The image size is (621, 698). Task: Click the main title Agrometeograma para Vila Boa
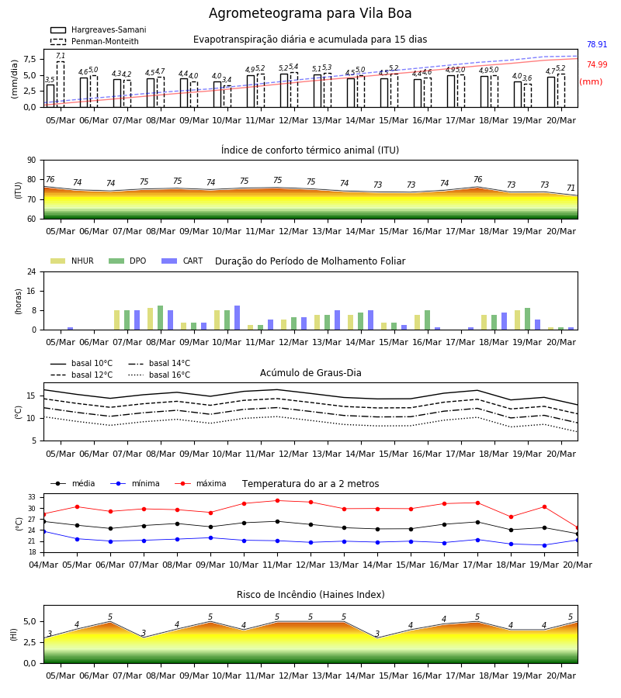click(x=310, y=13)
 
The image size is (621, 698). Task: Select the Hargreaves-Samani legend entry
click(x=99, y=29)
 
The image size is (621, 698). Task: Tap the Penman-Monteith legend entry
click(x=95, y=41)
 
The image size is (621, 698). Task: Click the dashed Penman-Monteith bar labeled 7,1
click(x=61, y=84)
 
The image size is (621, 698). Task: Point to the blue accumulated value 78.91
click(x=597, y=44)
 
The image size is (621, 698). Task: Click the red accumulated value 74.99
click(x=597, y=64)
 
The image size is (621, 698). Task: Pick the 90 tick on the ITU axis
click(x=32, y=161)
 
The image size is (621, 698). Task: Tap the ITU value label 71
click(x=571, y=188)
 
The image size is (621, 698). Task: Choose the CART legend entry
click(x=182, y=261)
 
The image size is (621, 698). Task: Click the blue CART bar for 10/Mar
click(x=237, y=318)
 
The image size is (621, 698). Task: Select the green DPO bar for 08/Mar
click(x=161, y=318)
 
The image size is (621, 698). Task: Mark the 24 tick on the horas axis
click(x=32, y=271)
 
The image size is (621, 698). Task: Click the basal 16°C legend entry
click(x=159, y=375)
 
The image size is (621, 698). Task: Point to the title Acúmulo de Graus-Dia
click(x=310, y=373)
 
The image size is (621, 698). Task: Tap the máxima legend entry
click(x=200, y=483)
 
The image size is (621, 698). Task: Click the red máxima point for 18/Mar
click(x=511, y=517)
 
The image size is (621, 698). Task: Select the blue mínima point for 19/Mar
click(x=544, y=545)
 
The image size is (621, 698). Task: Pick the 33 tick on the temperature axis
click(x=32, y=497)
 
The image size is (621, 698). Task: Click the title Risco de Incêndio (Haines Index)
click(x=310, y=595)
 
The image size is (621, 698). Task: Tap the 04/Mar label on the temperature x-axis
click(x=43, y=565)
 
